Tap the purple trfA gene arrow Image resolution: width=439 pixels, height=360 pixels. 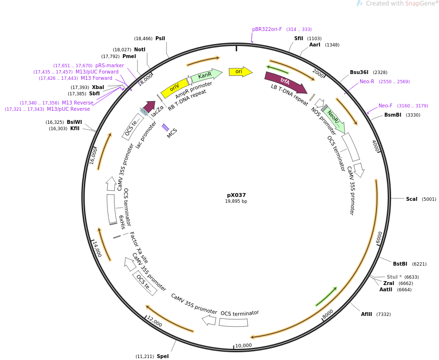click(285, 82)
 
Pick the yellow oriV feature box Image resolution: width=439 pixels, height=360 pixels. click(174, 88)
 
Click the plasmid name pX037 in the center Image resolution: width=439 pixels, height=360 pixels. click(236, 195)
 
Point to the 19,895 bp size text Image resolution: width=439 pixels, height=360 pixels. click(236, 201)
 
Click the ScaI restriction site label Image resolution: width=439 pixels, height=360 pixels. click(411, 199)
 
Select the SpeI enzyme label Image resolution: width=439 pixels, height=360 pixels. click(163, 356)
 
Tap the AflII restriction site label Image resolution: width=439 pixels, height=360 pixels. click(366, 314)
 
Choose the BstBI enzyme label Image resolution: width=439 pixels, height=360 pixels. click(400, 264)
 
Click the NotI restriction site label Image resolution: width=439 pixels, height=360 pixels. click(139, 49)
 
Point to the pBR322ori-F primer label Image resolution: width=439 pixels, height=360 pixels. click(267, 29)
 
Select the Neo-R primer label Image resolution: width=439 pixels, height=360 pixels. click(367, 81)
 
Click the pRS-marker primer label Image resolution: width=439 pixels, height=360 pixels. click(109, 65)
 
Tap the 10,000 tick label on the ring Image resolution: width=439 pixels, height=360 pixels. click(243, 345)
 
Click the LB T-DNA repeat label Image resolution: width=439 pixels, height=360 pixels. click(289, 95)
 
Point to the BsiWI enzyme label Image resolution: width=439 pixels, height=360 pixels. click(75, 122)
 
